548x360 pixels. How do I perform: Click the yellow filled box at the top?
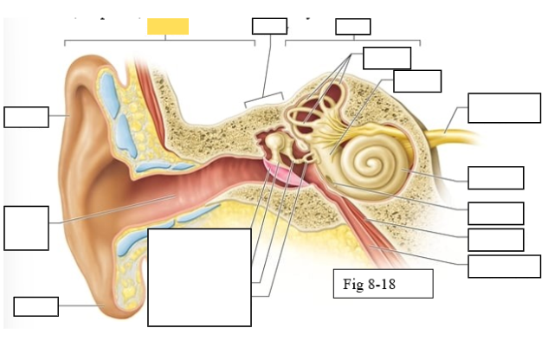[x=168, y=26]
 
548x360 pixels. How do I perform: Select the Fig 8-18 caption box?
[x=383, y=284]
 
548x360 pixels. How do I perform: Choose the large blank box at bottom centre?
[x=199, y=277]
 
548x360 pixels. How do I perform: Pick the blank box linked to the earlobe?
[x=36, y=306]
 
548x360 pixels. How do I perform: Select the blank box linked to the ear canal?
[x=26, y=228]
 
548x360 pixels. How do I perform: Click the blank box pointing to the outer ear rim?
[x=26, y=117]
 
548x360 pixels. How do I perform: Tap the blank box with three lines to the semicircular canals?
[x=386, y=57]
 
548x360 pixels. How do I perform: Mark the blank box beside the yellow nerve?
[x=504, y=107]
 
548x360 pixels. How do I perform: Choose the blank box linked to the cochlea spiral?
[x=495, y=177]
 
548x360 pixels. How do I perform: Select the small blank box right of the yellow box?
[x=269, y=26]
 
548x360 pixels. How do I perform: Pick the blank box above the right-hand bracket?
[x=352, y=26]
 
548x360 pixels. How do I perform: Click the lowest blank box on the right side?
[x=504, y=267]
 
